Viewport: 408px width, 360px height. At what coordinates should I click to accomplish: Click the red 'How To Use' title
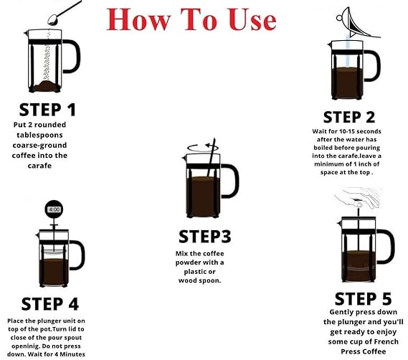(x=191, y=19)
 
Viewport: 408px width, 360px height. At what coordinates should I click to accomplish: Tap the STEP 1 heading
(x=47, y=110)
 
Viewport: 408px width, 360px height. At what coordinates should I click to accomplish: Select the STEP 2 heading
(x=349, y=117)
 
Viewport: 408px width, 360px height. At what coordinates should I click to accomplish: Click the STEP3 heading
(x=205, y=237)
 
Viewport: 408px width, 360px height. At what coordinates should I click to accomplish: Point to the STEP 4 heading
(x=50, y=304)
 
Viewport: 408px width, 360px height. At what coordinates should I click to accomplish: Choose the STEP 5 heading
(x=363, y=299)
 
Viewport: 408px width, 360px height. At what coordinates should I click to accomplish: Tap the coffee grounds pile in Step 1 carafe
(x=46, y=85)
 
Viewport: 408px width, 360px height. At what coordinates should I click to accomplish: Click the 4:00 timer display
(x=54, y=209)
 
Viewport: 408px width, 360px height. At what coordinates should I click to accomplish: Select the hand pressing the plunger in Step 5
(x=359, y=197)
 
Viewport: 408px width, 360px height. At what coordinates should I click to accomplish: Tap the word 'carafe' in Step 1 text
(x=39, y=166)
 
